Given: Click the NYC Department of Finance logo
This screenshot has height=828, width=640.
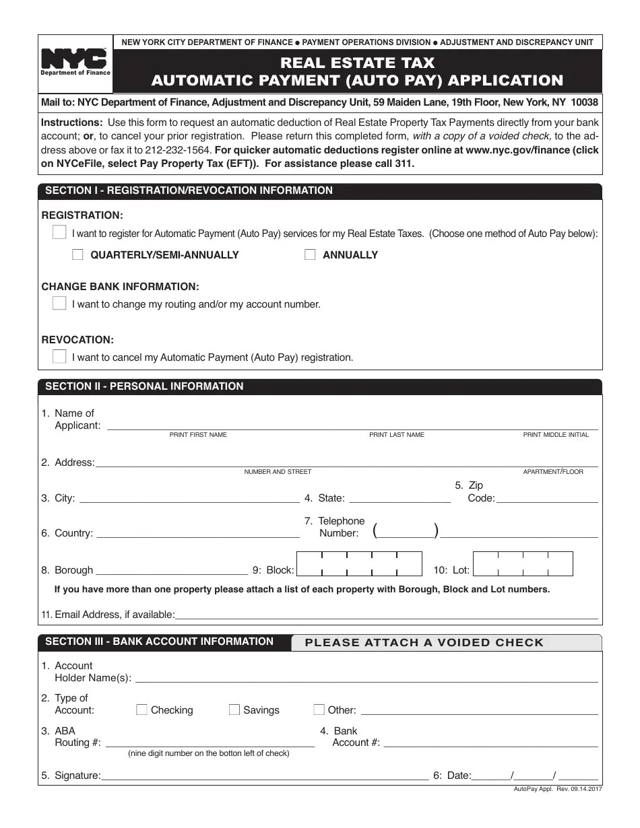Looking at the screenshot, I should pos(75,63).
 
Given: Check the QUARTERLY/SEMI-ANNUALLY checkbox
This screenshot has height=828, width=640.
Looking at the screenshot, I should pos(77,254).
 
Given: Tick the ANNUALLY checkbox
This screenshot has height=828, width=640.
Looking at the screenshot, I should pos(310,254).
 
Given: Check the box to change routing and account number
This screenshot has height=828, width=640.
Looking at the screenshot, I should pos(59,303).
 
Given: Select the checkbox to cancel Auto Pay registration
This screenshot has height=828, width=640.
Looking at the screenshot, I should pos(59,356).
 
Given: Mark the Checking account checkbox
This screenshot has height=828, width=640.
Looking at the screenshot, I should pos(141,710).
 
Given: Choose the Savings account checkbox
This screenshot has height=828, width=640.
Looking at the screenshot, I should pos(234,710).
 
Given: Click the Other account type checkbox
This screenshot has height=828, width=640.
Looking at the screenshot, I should pos(319,710).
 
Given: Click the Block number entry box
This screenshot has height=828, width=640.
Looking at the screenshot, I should pos(359,564).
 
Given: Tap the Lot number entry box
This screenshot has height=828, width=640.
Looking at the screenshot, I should pos(523,564).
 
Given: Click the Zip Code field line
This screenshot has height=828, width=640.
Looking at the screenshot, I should pos(546,498).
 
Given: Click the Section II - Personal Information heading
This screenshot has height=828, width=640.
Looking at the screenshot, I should pos(144,386).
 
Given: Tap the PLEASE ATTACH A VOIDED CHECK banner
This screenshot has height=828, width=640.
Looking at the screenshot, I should pos(424,642).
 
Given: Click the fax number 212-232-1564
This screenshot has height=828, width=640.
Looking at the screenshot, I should pos(179,150).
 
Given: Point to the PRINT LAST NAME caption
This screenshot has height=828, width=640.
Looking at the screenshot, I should pos(396,435).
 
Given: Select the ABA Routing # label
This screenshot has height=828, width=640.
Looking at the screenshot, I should pos(77,736).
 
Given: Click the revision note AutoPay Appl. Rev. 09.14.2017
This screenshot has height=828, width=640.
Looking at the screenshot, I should pos(557,789).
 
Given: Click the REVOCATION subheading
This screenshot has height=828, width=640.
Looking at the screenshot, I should pos(77,340).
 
